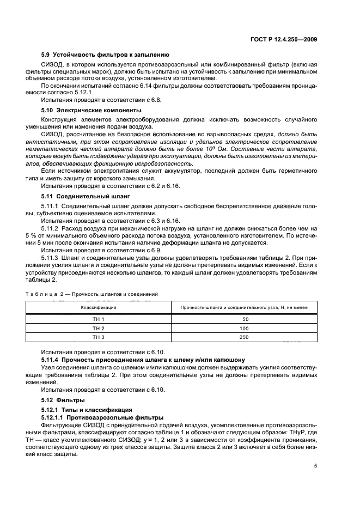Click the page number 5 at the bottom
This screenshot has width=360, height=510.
point(316,466)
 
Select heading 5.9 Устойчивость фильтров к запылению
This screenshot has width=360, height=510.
point(105,54)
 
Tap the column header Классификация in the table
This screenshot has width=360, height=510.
point(99,307)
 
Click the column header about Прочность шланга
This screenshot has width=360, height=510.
point(243,307)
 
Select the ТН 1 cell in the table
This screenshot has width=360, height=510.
point(99,319)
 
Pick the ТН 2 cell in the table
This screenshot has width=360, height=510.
point(99,328)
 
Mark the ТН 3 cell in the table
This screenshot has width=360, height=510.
point(99,337)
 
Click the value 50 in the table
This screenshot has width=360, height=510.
point(243,319)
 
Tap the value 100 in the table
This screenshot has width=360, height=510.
point(243,328)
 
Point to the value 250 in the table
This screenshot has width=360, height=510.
point(243,337)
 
